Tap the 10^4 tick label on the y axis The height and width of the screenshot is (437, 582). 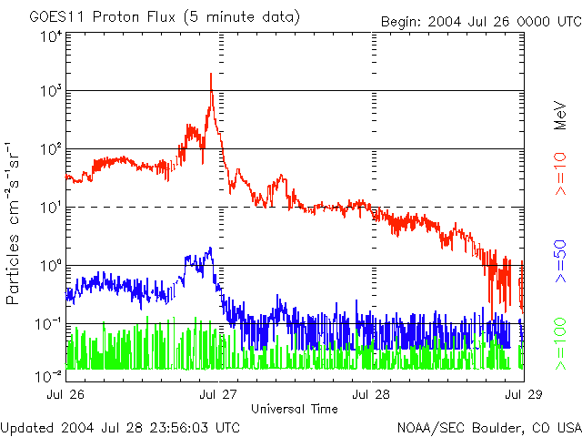coord(50,36)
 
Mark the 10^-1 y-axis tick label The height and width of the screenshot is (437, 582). coord(50,322)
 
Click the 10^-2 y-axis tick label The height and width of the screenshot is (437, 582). coord(50,374)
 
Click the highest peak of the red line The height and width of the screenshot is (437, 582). coord(211,74)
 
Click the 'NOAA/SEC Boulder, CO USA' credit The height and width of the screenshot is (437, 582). coord(489,426)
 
